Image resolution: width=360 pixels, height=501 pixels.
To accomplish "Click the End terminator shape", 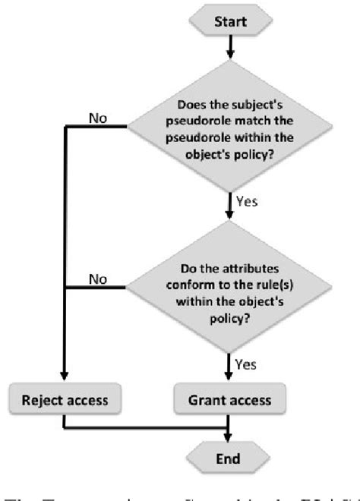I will [x=229, y=458].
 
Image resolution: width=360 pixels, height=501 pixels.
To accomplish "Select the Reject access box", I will [x=66, y=398].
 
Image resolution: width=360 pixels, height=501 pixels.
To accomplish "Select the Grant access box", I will [x=229, y=398].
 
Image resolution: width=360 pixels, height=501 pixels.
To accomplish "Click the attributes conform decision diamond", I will [x=229, y=289].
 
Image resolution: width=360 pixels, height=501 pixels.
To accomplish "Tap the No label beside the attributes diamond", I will [x=97, y=279].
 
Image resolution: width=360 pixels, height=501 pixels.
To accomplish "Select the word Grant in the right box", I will [x=207, y=398].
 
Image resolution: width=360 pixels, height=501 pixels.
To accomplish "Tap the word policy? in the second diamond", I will [x=229, y=310].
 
